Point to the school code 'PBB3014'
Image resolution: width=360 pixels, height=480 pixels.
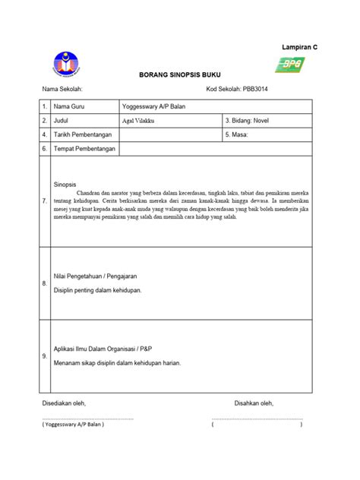click(x=250, y=91)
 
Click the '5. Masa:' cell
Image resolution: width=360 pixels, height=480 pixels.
click(x=242, y=134)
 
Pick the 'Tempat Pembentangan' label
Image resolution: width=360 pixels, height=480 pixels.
click(x=84, y=148)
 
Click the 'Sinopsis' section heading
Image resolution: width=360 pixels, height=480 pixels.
click(x=65, y=185)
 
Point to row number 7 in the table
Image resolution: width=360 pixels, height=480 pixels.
click(x=45, y=201)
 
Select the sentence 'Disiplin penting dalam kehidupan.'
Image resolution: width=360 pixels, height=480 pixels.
click(x=97, y=290)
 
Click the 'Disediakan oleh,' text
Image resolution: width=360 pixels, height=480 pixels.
click(x=64, y=403)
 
